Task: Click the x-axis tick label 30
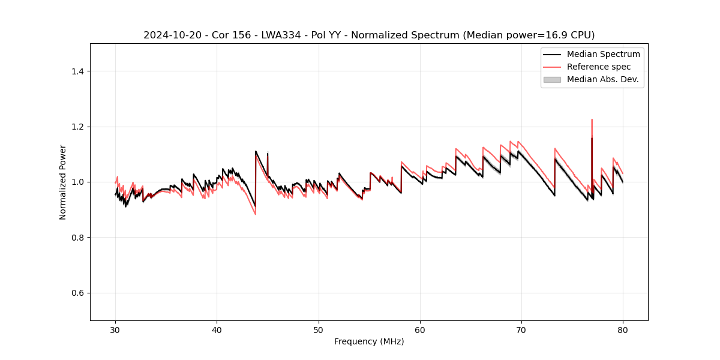(115, 330)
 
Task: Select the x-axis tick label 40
(217, 330)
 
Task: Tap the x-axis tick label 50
(318, 330)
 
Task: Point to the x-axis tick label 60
(420, 330)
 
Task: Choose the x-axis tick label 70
(521, 330)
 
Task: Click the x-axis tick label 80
(623, 330)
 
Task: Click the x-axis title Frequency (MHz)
(369, 341)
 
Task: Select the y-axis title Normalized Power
(63, 182)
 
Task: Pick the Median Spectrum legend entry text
(603, 54)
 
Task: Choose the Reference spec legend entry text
(599, 67)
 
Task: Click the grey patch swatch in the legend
(552, 79)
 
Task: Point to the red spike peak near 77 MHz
(592, 119)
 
